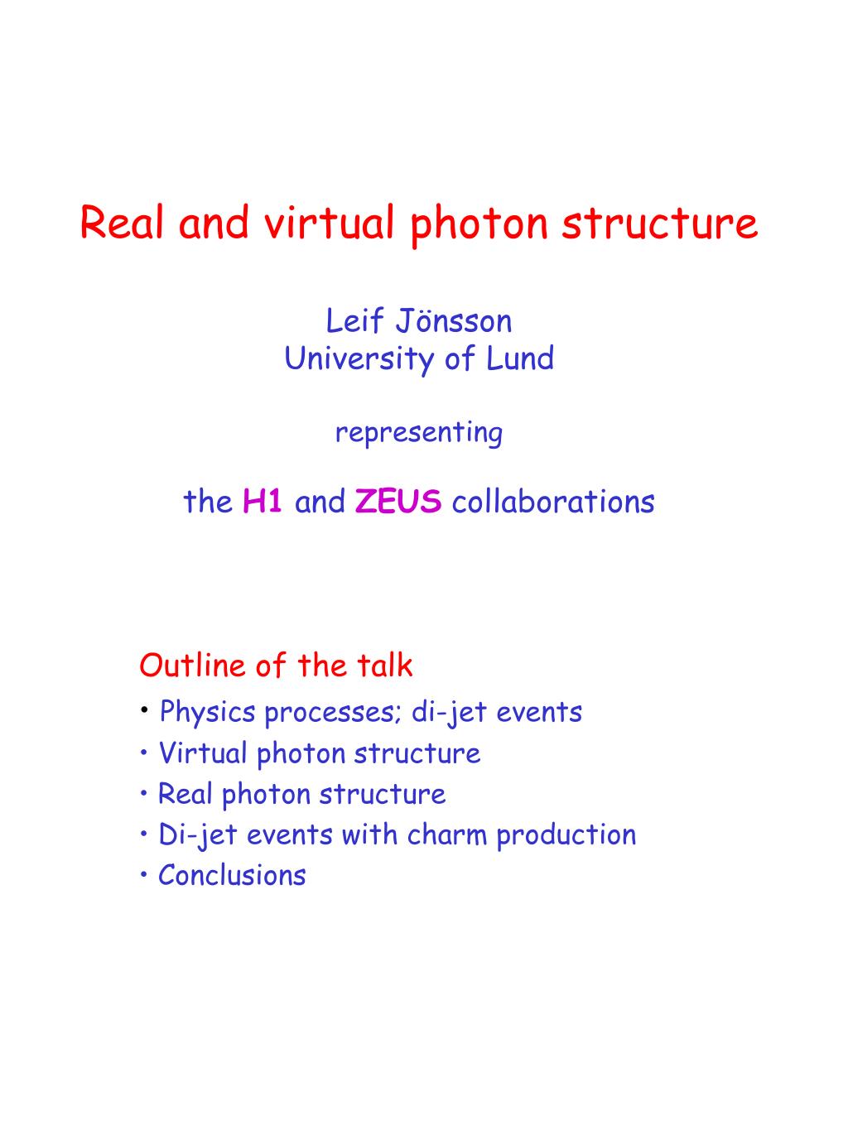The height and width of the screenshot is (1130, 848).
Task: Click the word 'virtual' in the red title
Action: (x=330, y=223)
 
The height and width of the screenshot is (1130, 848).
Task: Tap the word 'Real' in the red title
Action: (x=123, y=223)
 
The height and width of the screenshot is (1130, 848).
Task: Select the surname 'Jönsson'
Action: (x=454, y=320)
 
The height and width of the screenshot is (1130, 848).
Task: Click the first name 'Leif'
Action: (x=354, y=320)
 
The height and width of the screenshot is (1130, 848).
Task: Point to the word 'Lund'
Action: (x=520, y=358)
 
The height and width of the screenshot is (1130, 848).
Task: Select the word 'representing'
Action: (x=418, y=433)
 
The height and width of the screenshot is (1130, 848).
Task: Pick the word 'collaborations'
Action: (x=553, y=502)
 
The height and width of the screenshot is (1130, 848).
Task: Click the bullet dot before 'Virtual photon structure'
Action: (x=144, y=753)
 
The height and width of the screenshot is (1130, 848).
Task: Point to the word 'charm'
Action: (x=447, y=835)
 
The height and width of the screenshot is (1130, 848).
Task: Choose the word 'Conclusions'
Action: (x=232, y=876)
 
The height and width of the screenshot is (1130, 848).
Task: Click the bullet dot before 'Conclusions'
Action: (x=144, y=875)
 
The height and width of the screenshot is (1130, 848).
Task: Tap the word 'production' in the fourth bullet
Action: (x=566, y=836)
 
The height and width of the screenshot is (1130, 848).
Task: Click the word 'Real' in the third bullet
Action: (x=185, y=794)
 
